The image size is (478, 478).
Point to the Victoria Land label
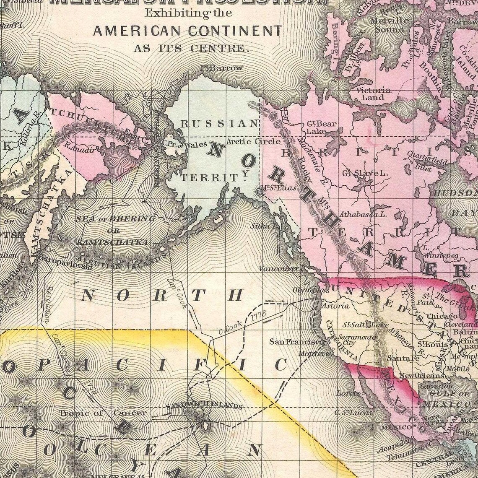[374, 94]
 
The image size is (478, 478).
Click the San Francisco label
[296, 342]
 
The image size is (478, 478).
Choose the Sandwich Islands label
[204, 406]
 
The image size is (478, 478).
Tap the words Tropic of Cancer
[103, 413]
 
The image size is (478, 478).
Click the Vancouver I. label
[280, 268]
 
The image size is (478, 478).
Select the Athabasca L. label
[363, 214]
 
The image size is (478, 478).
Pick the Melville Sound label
[390, 25]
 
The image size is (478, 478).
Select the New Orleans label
[418, 376]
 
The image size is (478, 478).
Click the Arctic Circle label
[253, 142]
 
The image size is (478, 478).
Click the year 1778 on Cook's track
[259, 317]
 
